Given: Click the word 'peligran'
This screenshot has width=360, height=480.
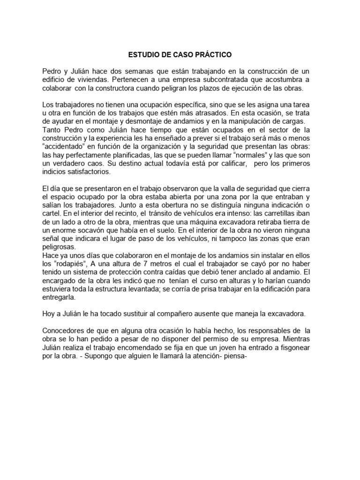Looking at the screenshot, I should [x=188, y=88].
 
